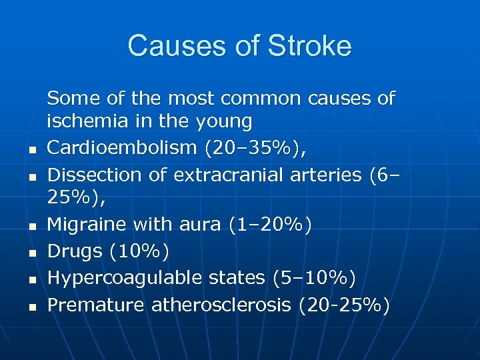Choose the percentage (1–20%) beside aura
tap(270, 225)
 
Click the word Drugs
tap(75, 251)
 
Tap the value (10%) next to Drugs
tap(139, 251)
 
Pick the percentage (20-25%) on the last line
tap(345, 305)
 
